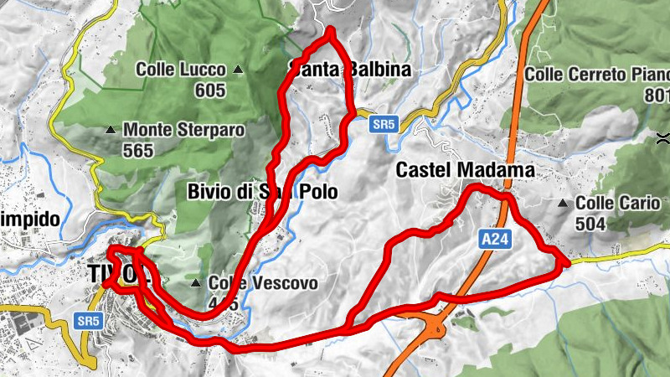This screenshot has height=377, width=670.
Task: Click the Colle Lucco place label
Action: tap(183, 70)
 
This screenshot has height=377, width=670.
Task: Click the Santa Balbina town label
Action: tap(350, 70)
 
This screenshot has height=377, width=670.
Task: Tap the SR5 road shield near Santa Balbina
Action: tap(384, 124)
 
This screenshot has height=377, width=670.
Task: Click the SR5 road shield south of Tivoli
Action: tap(87, 320)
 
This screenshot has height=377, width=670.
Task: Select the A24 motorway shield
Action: tap(493, 240)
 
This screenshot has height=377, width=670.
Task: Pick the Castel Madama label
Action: tap(465, 170)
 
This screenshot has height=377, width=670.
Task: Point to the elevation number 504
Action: tap(591, 223)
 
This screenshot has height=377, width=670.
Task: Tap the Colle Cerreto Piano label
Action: tap(597, 75)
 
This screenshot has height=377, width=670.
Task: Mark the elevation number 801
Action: tap(657, 95)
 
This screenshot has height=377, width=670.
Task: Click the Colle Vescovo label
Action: tap(263, 284)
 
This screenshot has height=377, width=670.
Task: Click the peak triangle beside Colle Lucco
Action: tap(239, 70)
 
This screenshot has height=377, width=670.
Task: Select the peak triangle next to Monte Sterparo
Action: tap(110, 130)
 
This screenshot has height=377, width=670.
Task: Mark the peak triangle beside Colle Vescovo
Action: tap(196, 283)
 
